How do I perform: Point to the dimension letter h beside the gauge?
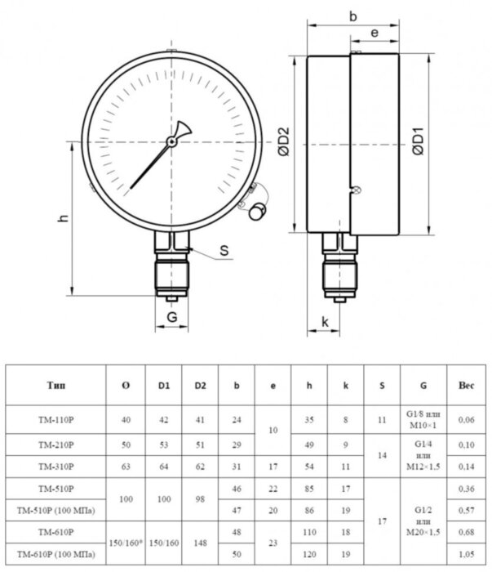62,220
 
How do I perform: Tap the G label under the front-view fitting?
172,316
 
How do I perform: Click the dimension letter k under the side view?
325,322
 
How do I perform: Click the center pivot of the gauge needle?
172,141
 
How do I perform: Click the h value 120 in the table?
309,556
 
